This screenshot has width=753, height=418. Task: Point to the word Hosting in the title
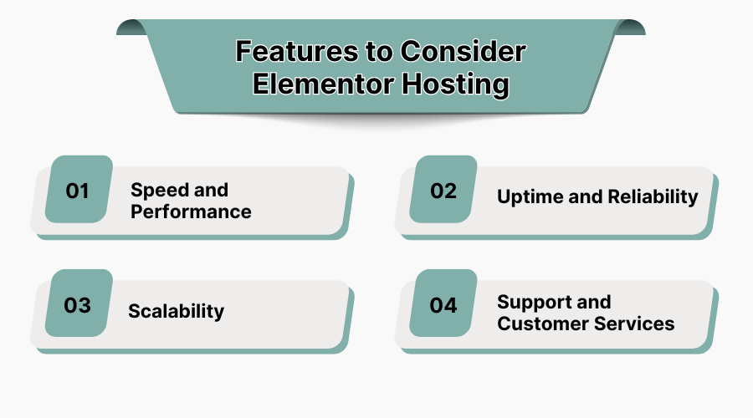(458, 84)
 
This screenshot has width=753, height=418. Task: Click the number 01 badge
(78, 191)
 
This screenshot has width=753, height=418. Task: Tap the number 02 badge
(443, 191)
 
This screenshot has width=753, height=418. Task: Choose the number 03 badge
(78, 304)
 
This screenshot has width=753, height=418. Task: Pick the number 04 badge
(443, 304)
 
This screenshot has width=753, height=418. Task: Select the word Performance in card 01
(191, 212)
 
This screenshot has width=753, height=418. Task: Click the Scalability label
(176, 311)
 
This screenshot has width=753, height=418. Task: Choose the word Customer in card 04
(539, 324)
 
